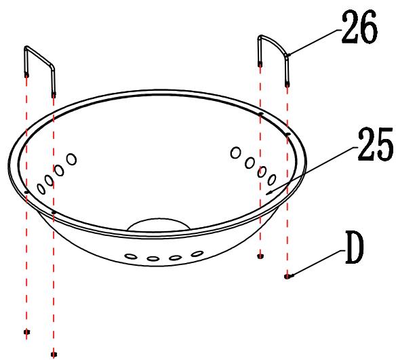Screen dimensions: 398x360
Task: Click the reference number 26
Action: tap(359, 27)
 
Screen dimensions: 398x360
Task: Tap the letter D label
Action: tap(355, 247)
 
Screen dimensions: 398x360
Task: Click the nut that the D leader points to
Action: tap(287, 277)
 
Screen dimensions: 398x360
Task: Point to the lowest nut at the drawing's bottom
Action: tap(54, 354)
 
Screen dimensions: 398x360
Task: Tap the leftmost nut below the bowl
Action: tap(26, 332)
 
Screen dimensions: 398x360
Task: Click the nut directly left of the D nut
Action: tap(260, 256)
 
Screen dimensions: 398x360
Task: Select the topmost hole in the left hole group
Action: tap(72, 159)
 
